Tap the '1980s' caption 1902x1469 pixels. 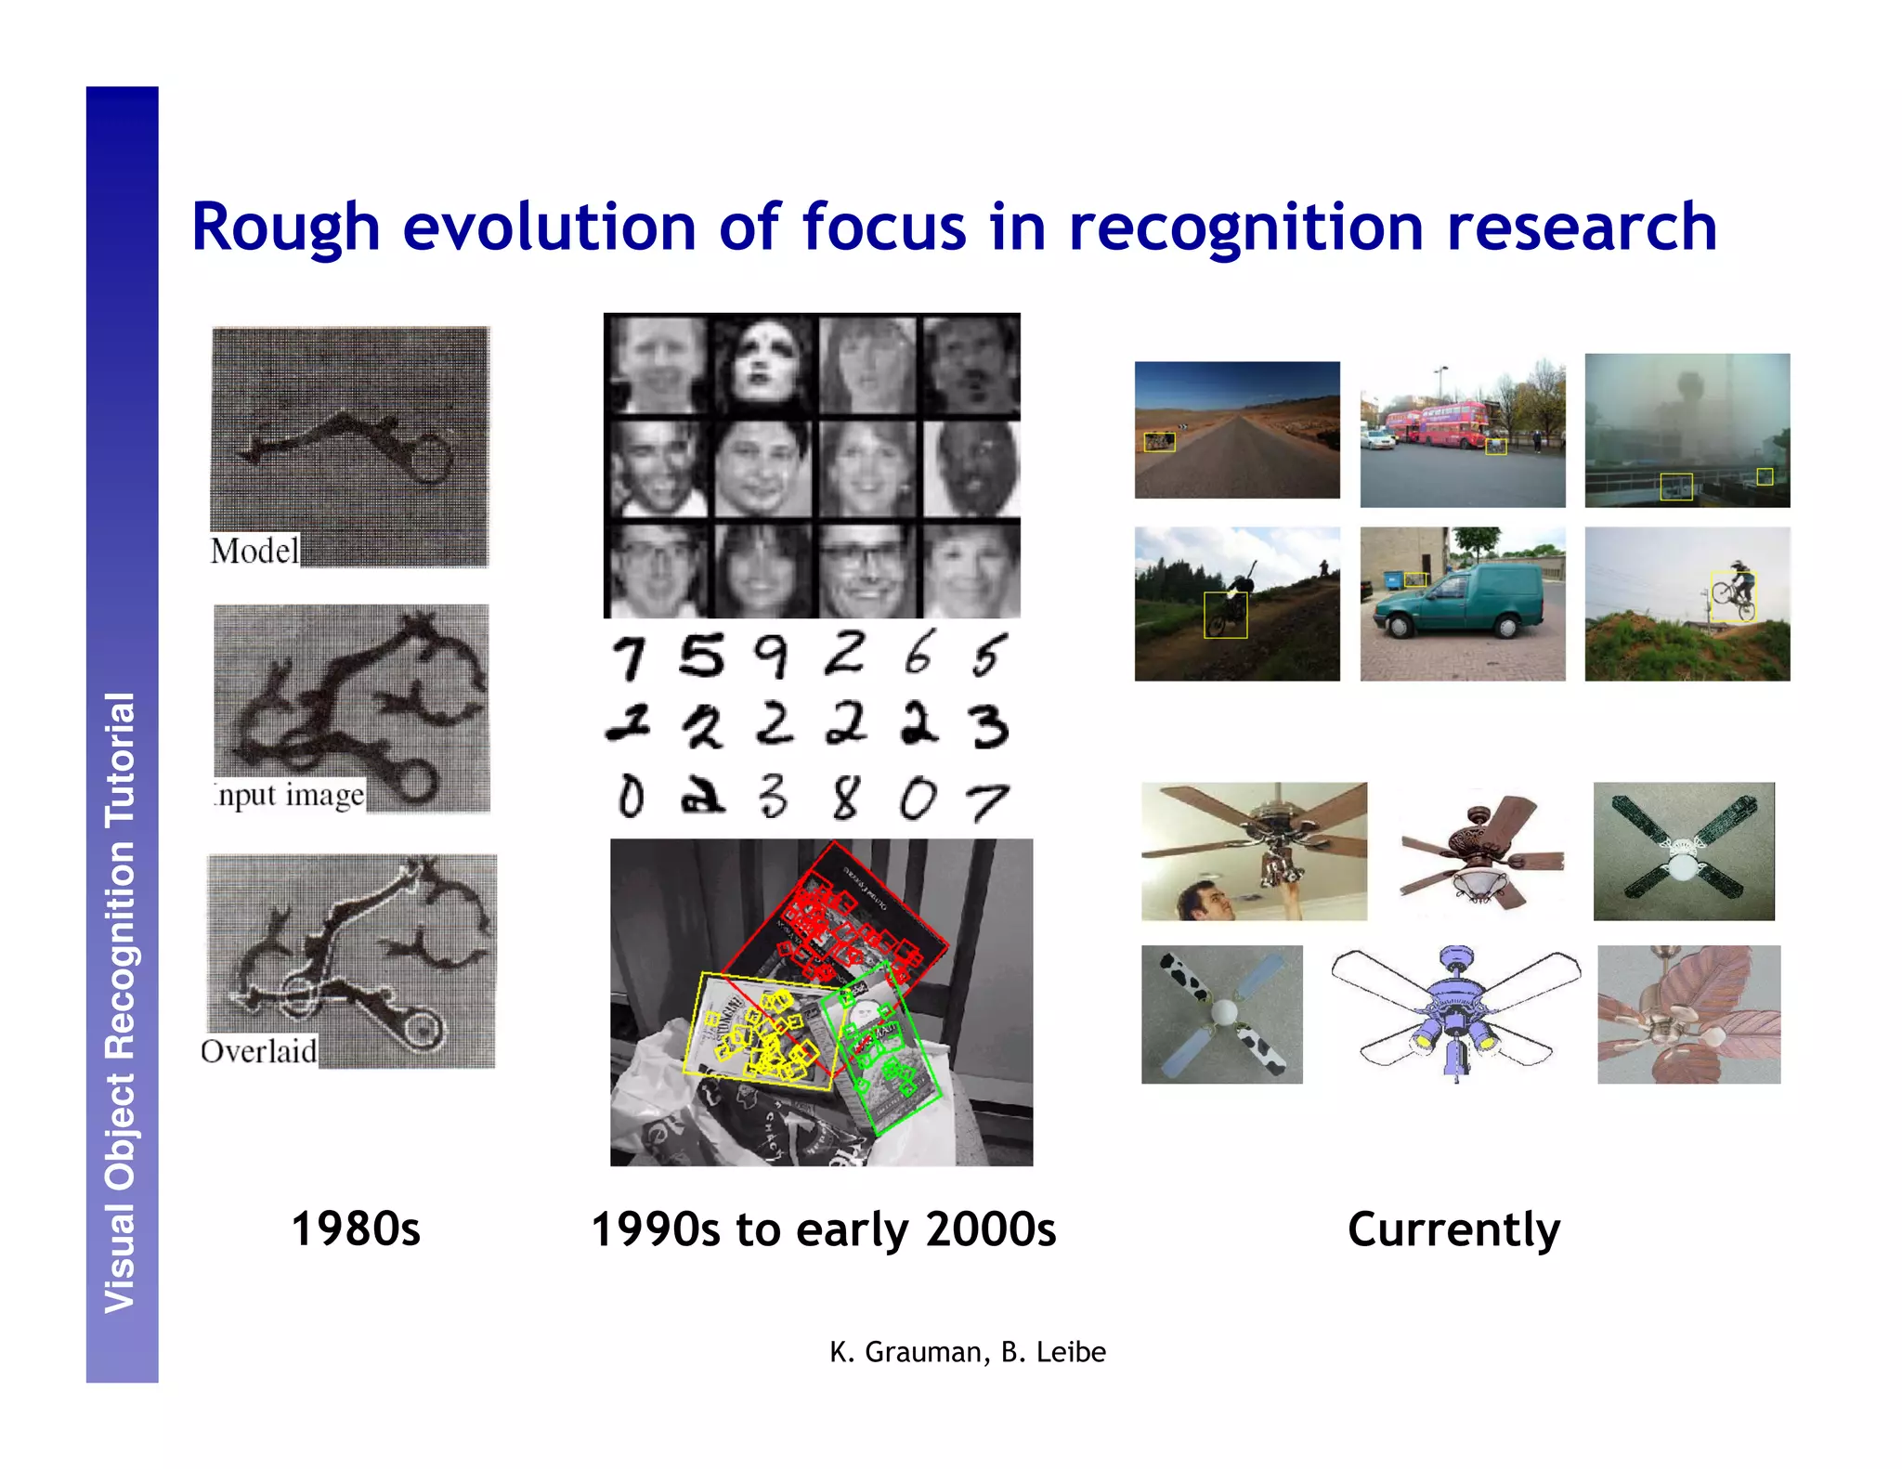356,1228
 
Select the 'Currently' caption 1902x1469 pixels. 1453,1228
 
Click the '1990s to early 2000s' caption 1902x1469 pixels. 823,1228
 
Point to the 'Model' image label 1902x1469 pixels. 254,551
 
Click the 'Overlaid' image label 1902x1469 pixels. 259,1051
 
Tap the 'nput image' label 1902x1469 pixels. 290,796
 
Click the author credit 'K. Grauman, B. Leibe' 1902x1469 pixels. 967,1352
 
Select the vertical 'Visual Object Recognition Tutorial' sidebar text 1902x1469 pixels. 122,1003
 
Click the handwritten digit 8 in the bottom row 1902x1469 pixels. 844,798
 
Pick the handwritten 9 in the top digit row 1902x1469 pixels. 771,656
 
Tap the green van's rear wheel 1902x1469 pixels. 1507,627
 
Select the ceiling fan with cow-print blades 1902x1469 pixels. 1221,1014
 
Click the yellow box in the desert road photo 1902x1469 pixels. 1159,442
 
